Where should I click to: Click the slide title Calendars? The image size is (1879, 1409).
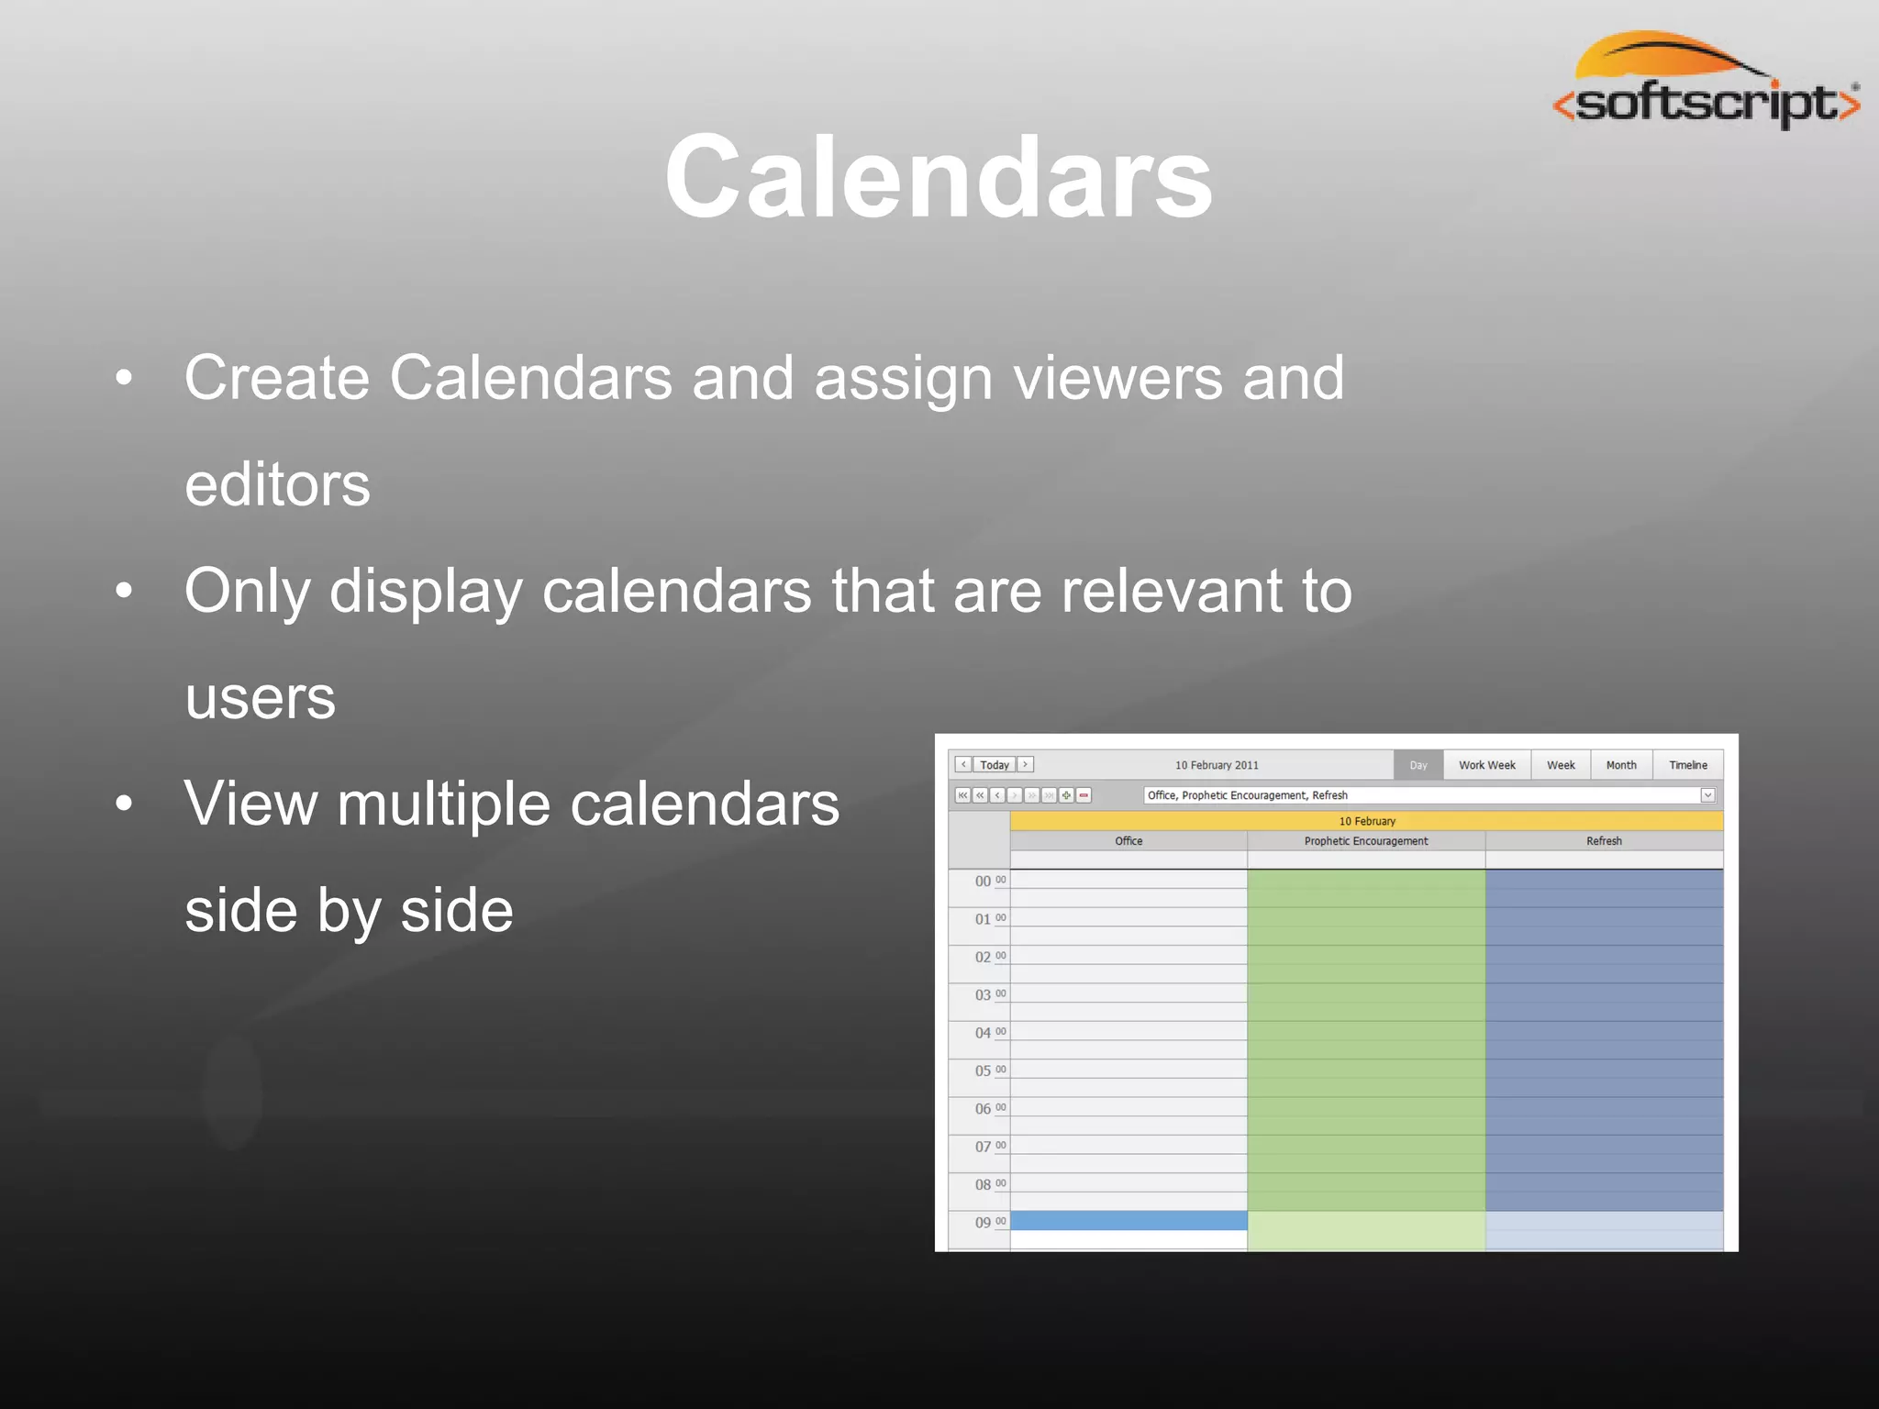tap(939, 177)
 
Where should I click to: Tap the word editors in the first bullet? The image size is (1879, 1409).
tap(277, 484)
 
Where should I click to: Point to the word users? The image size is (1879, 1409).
tap(261, 698)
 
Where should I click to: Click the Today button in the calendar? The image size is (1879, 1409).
tap(994, 765)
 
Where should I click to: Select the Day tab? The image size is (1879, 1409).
tap(1418, 765)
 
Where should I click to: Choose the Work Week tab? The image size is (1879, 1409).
tap(1486, 765)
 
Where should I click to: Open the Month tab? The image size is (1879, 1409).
tap(1620, 765)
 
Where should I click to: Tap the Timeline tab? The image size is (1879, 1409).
tap(1687, 765)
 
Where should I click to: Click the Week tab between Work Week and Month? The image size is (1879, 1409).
tap(1560, 765)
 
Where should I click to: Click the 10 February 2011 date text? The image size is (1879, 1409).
tap(1217, 765)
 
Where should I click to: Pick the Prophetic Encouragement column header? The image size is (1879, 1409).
tap(1365, 841)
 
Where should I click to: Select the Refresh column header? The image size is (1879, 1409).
tap(1603, 841)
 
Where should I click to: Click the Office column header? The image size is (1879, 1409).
tap(1128, 841)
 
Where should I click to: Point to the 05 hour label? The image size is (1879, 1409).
tap(983, 1071)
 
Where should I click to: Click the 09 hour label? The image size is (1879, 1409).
tap(983, 1223)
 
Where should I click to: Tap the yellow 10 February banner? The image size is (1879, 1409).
tap(1366, 821)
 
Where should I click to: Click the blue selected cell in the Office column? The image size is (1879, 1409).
tap(1128, 1221)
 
